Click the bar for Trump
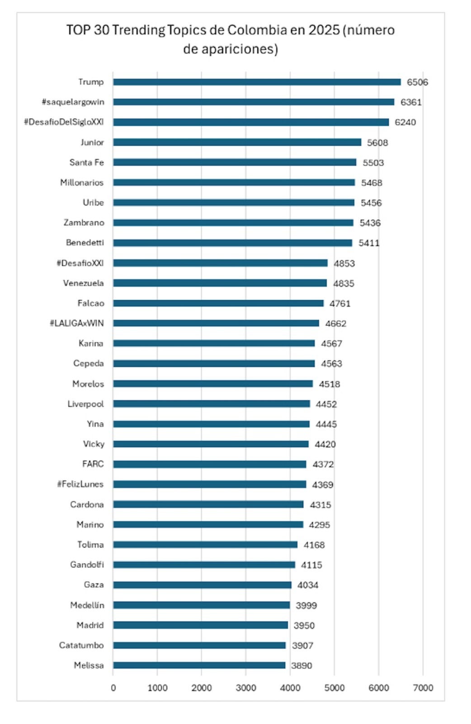(x=257, y=82)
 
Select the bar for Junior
(x=237, y=142)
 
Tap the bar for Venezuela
(x=220, y=283)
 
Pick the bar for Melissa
(x=199, y=665)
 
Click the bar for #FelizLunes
(x=209, y=484)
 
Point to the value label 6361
(x=411, y=102)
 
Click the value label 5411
(x=369, y=243)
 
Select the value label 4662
(x=335, y=324)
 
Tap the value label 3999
(x=306, y=605)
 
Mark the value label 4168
(x=314, y=545)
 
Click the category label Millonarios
(x=82, y=182)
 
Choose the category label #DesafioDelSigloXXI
(x=64, y=122)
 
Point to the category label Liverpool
(x=85, y=404)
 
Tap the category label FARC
(x=93, y=464)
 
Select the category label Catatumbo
(x=81, y=645)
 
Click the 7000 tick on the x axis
(x=423, y=688)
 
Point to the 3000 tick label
(x=245, y=688)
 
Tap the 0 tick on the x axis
(x=113, y=688)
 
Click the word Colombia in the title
(x=257, y=30)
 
